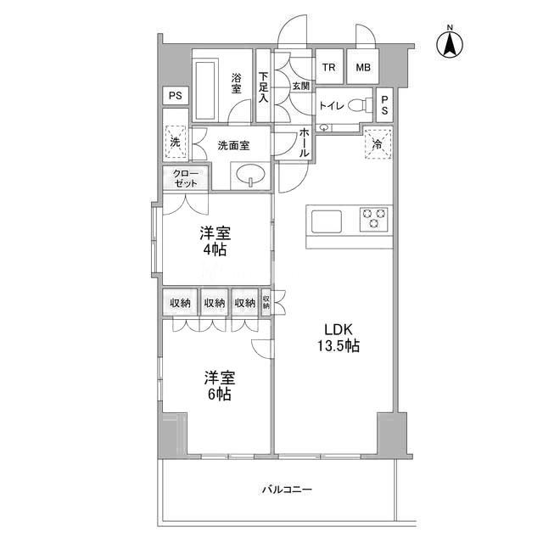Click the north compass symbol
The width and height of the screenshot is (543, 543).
point(450,42)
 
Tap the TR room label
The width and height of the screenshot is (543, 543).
point(329,67)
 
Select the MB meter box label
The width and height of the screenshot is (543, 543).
point(363,67)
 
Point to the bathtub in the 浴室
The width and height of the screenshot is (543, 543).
point(206,91)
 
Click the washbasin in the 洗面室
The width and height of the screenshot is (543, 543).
point(251,173)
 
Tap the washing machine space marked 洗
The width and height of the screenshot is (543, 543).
point(176,142)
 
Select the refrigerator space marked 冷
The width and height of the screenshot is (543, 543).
point(378,143)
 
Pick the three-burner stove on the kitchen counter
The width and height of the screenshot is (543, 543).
point(373,219)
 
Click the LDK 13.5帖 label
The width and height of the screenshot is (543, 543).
point(339,338)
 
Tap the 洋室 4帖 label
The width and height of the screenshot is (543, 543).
point(215,241)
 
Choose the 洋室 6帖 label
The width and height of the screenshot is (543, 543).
point(220,385)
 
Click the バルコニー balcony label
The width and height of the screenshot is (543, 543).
point(287,490)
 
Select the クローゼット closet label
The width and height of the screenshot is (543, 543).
point(186,178)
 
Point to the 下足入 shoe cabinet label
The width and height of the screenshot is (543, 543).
point(264,87)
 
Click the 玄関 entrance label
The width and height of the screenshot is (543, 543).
point(301,86)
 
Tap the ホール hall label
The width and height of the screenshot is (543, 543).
point(304,143)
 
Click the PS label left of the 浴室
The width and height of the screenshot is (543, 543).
point(176,95)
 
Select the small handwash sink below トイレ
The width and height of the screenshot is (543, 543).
point(324,128)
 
